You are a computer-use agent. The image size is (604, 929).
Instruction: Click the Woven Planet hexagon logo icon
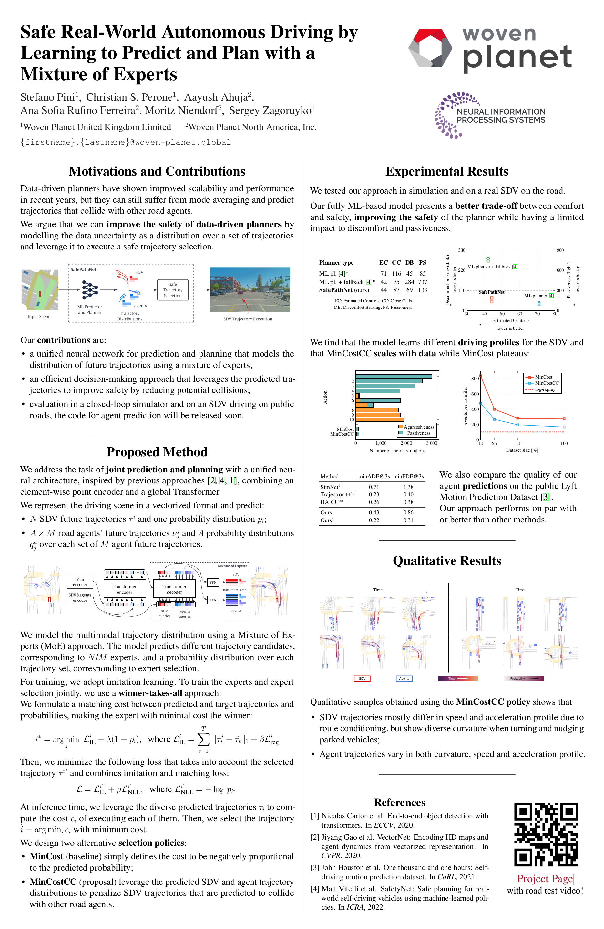[x=430, y=48]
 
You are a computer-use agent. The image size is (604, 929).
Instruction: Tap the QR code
[x=546, y=834]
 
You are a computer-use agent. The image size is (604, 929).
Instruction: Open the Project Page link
[x=545, y=879]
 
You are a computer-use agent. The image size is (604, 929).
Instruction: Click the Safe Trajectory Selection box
[x=173, y=290]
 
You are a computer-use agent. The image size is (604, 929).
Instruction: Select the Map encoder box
[x=80, y=581]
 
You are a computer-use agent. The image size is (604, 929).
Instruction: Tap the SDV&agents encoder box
[x=80, y=598]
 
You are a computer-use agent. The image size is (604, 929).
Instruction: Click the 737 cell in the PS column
[x=423, y=282]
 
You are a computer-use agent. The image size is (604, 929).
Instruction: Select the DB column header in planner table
[x=409, y=263]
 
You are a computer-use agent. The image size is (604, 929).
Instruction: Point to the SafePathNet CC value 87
[x=396, y=290]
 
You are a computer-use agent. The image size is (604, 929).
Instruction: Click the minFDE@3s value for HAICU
[x=408, y=502]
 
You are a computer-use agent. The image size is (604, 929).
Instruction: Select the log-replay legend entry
[x=545, y=389]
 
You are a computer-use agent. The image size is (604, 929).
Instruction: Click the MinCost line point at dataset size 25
[x=494, y=409]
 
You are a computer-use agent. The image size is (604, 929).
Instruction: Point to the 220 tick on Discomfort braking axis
[x=462, y=270]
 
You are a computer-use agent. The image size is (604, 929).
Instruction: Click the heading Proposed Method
[x=157, y=452]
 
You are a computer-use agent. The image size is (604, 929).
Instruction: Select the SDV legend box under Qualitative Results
[x=362, y=678]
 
